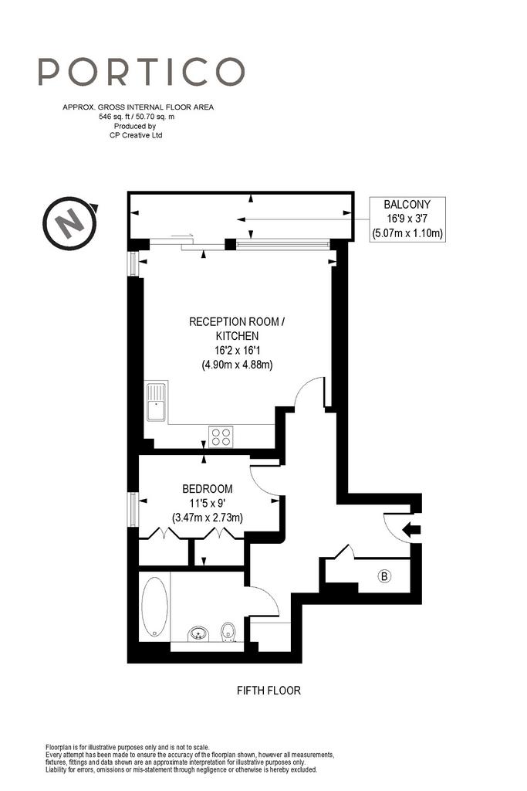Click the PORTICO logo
[x=141, y=71]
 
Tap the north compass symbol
[x=70, y=222]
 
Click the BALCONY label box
[x=407, y=219]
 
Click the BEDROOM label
[x=208, y=489]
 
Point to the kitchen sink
[x=156, y=402]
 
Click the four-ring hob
[x=221, y=436]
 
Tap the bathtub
[x=154, y=606]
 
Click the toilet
[x=228, y=632]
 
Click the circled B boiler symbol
[x=384, y=575]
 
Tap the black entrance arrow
[x=412, y=530]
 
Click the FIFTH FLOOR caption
[x=269, y=690]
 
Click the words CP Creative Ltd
[x=136, y=135]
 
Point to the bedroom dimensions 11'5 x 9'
[x=207, y=503]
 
